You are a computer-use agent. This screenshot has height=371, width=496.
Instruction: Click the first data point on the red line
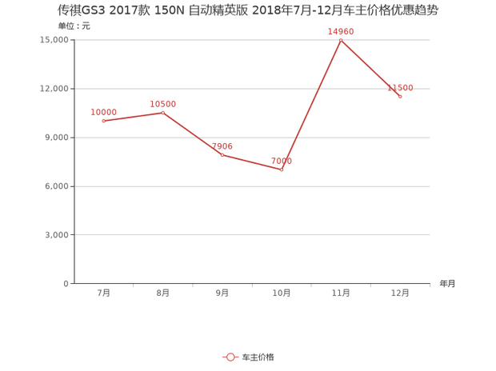point(104,120)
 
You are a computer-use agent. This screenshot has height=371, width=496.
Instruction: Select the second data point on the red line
point(162,112)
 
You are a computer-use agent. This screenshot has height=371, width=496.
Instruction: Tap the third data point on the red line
point(222,154)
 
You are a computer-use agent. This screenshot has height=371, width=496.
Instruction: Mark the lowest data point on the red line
point(281,169)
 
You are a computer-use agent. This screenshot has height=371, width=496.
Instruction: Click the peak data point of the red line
point(341,39)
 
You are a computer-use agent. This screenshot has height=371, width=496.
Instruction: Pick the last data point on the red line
point(400,95)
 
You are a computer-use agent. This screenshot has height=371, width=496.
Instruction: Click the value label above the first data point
point(105,111)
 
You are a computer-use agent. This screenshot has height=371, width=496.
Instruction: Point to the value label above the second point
point(162,103)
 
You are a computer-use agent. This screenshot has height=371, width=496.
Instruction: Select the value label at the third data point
point(223,146)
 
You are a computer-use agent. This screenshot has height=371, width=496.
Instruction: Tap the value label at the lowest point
point(282,161)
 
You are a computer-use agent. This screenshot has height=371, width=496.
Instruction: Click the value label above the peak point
point(341,31)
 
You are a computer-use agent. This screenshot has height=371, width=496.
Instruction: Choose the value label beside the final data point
point(400,88)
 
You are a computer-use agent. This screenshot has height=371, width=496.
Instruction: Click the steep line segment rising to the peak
point(311,104)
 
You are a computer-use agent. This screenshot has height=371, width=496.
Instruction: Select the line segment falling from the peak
point(370,67)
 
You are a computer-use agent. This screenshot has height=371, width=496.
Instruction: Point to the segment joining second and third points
point(192,133)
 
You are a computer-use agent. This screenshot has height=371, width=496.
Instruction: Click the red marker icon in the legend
point(229,357)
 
